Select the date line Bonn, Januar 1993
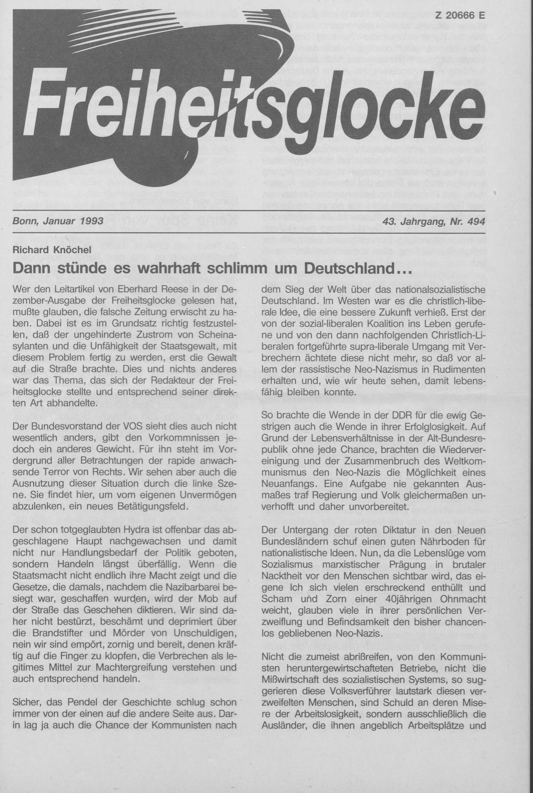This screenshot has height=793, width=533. pyautogui.click(x=58, y=221)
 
